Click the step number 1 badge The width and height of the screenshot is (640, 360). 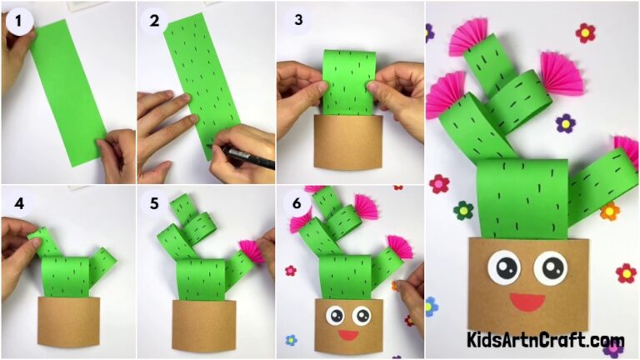click(x=18, y=21)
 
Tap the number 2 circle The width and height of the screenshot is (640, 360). click(x=155, y=21)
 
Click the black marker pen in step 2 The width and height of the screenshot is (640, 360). click(x=242, y=155)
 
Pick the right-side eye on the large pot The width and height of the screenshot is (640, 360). click(x=550, y=267)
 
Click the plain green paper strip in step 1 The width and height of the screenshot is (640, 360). click(x=71, y=92)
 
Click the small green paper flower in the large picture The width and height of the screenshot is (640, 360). click(x=463, y=210)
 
